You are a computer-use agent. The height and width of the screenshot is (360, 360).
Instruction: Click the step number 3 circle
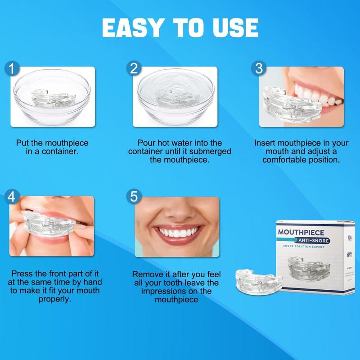[258, 69]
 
